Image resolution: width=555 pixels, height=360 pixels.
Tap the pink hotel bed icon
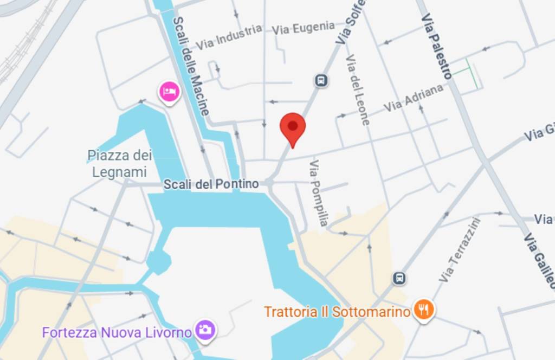(169, 92)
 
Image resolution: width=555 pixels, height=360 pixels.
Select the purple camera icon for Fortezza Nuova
(206, 329)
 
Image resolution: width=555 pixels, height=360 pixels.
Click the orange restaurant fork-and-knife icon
(423, 310)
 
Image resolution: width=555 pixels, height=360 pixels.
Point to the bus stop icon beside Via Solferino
(321, 81)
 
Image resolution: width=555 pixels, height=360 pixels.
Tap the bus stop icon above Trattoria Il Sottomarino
(399, 278)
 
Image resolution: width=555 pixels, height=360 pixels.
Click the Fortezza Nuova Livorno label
(117, 331)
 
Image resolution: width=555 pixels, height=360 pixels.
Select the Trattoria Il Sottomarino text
(337, 312)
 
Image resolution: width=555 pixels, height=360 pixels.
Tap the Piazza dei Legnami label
(120, 164)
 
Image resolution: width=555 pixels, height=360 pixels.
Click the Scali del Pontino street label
(211, 184)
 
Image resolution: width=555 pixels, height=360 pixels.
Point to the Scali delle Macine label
(190, 66)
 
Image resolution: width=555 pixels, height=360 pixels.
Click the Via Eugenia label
(304, 27)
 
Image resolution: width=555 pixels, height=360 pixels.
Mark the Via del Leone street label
(358, 89)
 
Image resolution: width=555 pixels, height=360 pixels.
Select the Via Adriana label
(413, 98)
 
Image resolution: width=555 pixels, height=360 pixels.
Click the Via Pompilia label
(319, 192)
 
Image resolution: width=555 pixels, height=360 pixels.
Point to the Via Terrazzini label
(459, 249)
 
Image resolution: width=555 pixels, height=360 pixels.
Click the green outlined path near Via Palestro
(466, 73)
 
